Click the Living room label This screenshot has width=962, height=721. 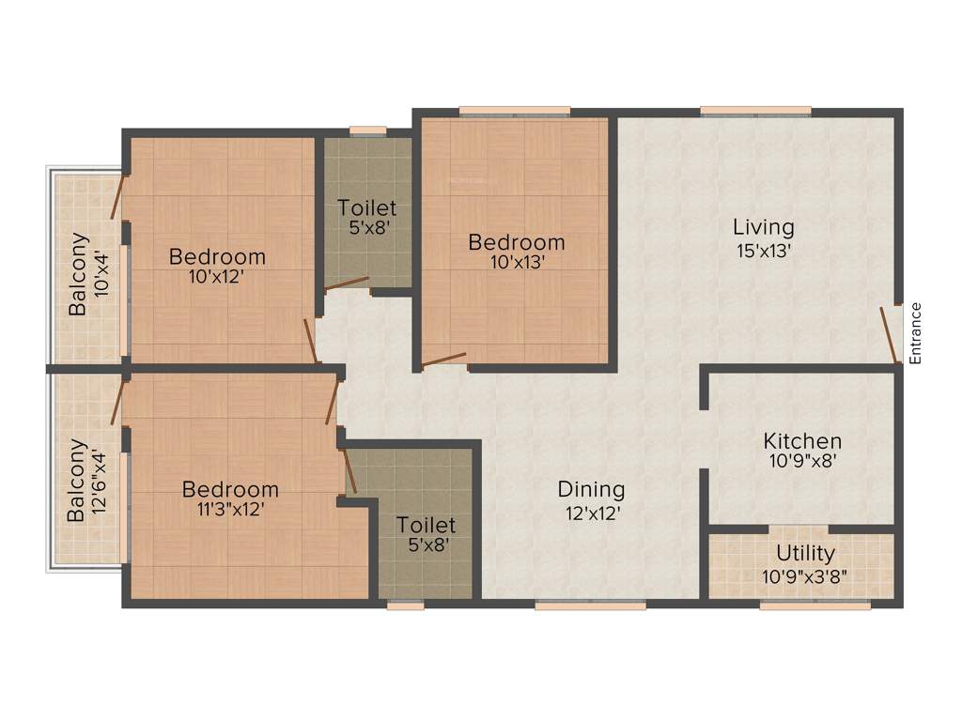pos(763,226)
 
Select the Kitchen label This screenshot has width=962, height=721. pos(801,440)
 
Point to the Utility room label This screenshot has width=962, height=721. pos(805,554)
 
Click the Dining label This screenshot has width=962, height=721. pos(591,489)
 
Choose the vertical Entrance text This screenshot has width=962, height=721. pos(916,332)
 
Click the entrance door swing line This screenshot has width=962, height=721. pos(888,334)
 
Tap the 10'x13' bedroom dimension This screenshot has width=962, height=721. pos(517,263)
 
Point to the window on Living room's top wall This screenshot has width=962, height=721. pos(755,111)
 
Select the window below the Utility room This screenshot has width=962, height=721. pos(815,606)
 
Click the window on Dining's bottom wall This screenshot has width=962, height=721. pos(590,606)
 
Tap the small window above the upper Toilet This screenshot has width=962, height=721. pos(367,132)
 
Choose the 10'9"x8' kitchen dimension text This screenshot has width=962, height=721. pos(801,461)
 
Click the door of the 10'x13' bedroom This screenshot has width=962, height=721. pos(443,360)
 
